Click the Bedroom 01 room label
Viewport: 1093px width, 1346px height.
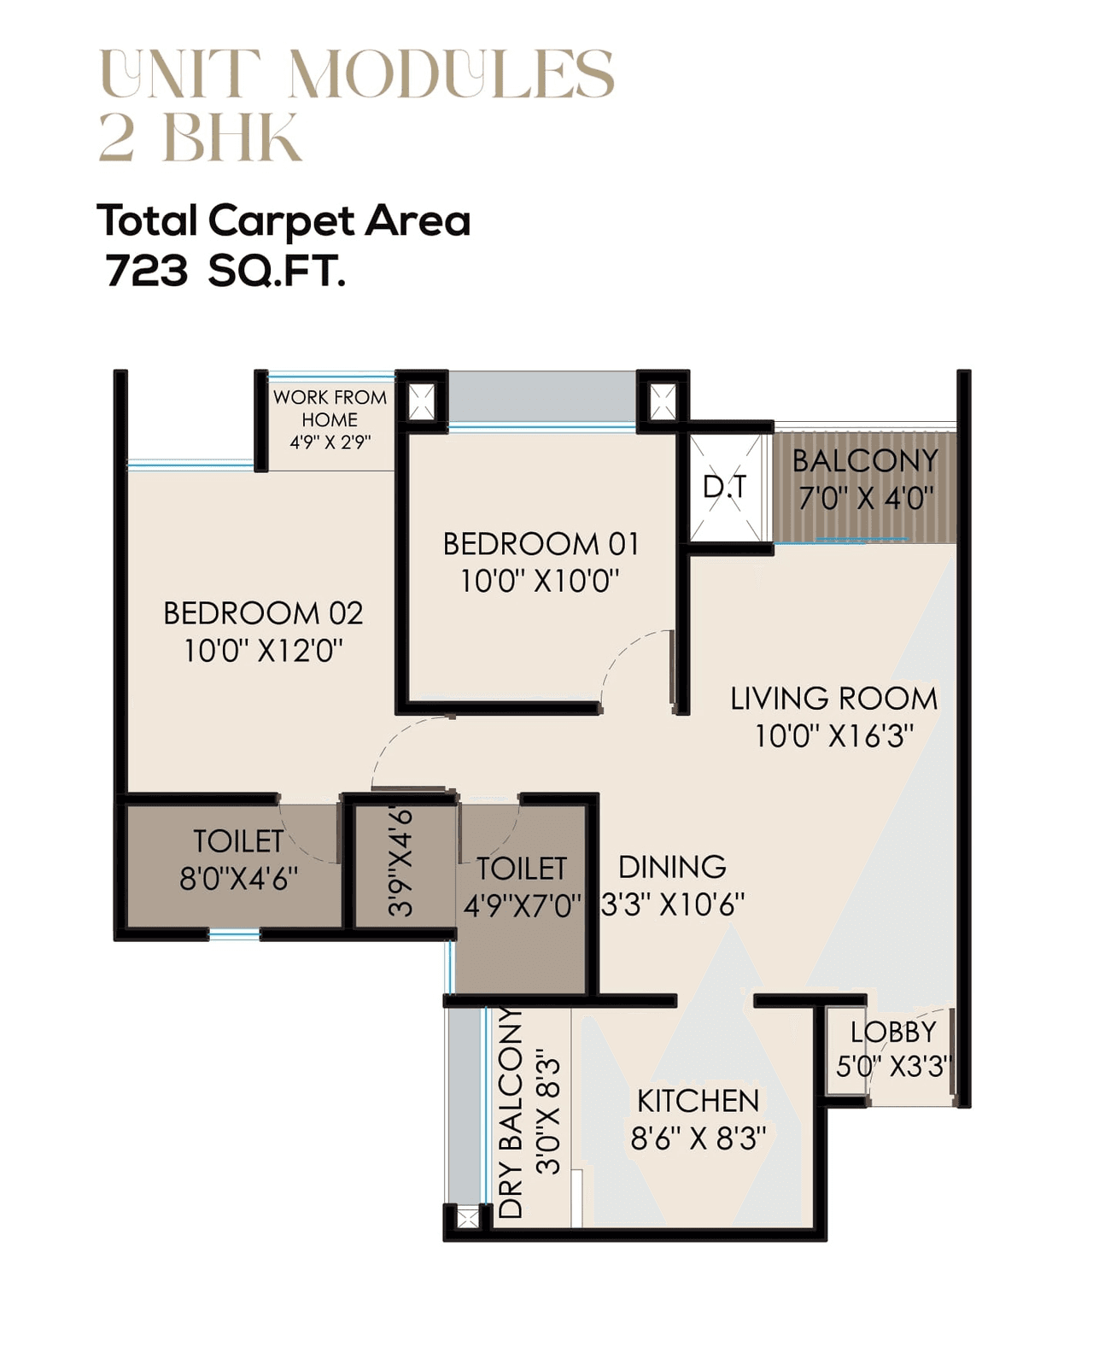click(540, 544)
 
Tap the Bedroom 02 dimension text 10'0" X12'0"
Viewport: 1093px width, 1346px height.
click(263, 651)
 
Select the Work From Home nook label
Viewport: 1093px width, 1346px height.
click(330, 408)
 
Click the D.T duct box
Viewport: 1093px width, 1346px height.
click(724, 488)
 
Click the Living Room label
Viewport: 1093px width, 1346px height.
click(833, 699)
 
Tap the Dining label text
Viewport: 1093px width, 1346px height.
click(672, 867)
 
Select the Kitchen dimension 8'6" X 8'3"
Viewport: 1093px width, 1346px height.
click(698, 1138)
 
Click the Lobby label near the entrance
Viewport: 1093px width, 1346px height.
click(893, 1033)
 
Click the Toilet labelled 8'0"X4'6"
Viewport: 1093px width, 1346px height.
click(238, 859)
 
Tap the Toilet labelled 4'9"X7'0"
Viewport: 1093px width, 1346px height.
click(522, 887)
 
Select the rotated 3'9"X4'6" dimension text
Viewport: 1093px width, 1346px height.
click(400, 863)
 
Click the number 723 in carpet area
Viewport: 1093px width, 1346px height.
click(146, 272)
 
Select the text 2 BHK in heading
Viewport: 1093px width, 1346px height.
click(200, 137)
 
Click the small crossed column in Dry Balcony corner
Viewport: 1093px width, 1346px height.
click(467, 1216)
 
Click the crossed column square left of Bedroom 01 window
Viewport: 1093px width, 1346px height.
click(421, 401)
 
